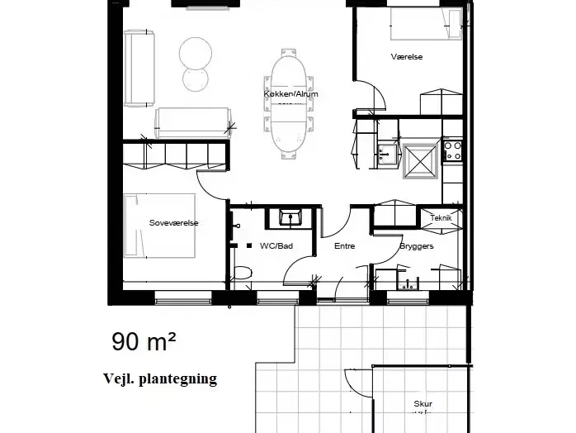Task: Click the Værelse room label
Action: coord(407,57)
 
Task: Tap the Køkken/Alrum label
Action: coord(291,94)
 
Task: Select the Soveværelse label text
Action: coord(174,222)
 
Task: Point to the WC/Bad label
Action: coord(276,245)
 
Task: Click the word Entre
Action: coord(345,245)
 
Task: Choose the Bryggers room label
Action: coord(417,246)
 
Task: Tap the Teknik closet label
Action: coord(441,218)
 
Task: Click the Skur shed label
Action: coord(423,403)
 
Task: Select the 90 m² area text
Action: coord(144,341)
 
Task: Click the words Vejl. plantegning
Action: coord(160,378)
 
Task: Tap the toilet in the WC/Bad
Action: coord(243,273)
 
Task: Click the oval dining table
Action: coord(289,104)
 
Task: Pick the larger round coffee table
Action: coord(196,54)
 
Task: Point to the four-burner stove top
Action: coord(453,150)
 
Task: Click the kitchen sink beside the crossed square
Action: coord(388,154)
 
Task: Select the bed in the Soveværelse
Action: coord(159,226)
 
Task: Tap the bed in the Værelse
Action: coord(426,23)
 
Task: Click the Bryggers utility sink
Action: coord(408,283)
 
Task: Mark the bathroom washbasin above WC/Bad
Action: coord(290,217)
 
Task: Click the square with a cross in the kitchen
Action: coord(421,161)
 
